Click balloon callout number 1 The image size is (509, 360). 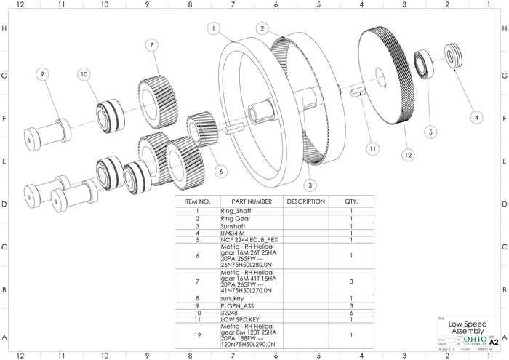point(213,28)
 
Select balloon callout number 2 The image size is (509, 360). point(261,28)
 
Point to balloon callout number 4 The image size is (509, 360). point(476,116)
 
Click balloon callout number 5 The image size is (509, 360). point(431,132)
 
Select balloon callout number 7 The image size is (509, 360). point(151,45)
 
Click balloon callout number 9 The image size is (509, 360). point(42,74)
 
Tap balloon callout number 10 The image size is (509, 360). point(84,74)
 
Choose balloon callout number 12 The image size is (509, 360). point(408,154)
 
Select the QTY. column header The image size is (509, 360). point(351,201)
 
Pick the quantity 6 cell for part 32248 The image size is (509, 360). point(351,313)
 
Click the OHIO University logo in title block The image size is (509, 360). point(475,340)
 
